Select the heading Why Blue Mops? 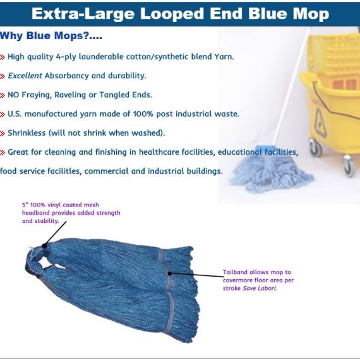(x=51, y=35)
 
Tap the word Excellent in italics (x=25, y=76)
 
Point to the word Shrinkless (x=27, y=133)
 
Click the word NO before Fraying (x=13, y=95)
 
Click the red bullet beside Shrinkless (x=3, y=133)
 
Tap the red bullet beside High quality (x=3, y=57)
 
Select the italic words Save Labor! (x=260, y=288)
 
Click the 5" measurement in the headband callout (x=25, y=205)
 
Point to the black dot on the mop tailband (x=170, y=273)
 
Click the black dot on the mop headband (x=44, y=246)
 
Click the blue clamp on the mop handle (x=267, y=148)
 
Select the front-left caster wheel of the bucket (x=315, y=148)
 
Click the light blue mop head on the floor (x=272, y=171)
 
